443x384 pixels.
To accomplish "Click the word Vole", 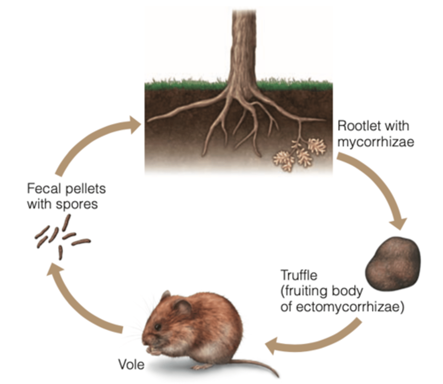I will (x=131, y=364).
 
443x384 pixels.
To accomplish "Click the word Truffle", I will (x=299, y=275).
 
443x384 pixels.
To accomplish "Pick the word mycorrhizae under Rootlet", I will (x=376, y=141).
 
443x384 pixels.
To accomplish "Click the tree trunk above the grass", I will (x=244, y=45).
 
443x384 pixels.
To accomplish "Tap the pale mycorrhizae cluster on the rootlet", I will (x=301, y=154).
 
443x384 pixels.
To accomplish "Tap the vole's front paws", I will (x=155, y=350).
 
